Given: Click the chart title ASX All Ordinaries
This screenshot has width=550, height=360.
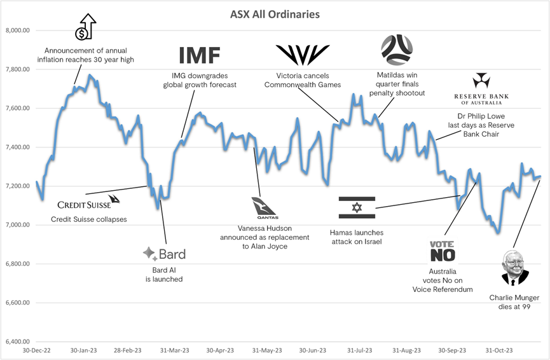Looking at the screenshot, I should click(x=275, y=13).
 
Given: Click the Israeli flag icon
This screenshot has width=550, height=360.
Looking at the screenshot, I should click(x=357, y=207).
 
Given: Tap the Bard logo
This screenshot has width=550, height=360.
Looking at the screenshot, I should click(x=164, y=254).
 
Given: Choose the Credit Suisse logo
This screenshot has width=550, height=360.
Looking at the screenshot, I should click(x=88, y=204).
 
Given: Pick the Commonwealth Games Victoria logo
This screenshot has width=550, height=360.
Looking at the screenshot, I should click(x=302, y=55).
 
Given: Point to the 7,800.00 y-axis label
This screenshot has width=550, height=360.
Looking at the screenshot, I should click(x=18, y=69).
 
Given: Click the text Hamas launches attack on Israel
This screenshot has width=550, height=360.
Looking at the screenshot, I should click(x=356, y=237).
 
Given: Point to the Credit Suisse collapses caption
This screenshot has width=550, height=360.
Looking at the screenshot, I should click(x=88, y=219).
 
